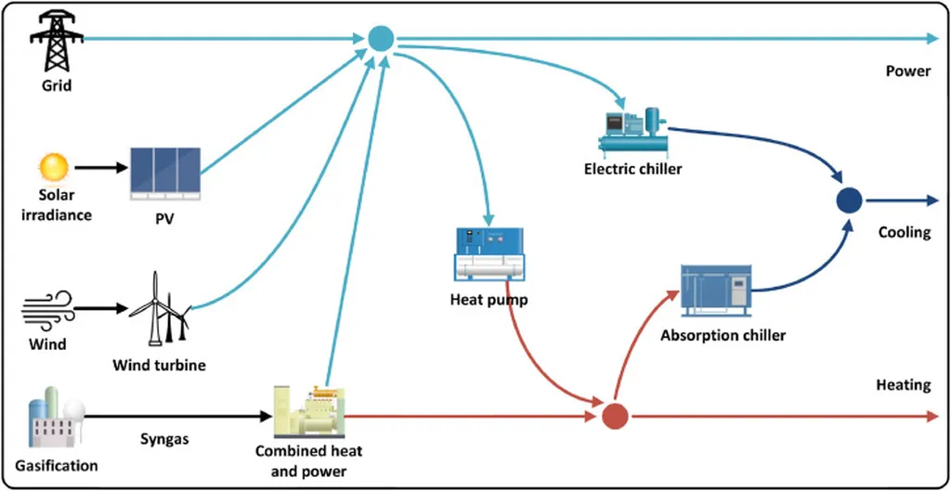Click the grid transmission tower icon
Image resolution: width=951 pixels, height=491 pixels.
(x=57, y=39)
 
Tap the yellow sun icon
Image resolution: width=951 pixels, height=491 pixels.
(x=53, y=167)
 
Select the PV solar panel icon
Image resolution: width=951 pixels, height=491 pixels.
(x=164, y=175)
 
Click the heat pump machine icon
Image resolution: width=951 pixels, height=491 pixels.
(x=489, y=253)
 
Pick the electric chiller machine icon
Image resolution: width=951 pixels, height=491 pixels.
(x=634, y=133)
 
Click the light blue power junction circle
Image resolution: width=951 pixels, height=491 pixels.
(x=381, y=38)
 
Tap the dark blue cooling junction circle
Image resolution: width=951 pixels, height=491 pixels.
(x=849, y=200)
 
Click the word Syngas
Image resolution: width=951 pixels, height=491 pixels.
(x=164, y=439)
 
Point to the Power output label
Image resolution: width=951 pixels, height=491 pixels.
(x=907, y=71)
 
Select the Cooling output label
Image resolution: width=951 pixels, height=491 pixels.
(x=904, y=233)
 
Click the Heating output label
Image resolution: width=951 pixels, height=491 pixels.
(x=903, y=385)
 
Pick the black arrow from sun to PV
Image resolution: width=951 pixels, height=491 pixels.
(x=99, y=168)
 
